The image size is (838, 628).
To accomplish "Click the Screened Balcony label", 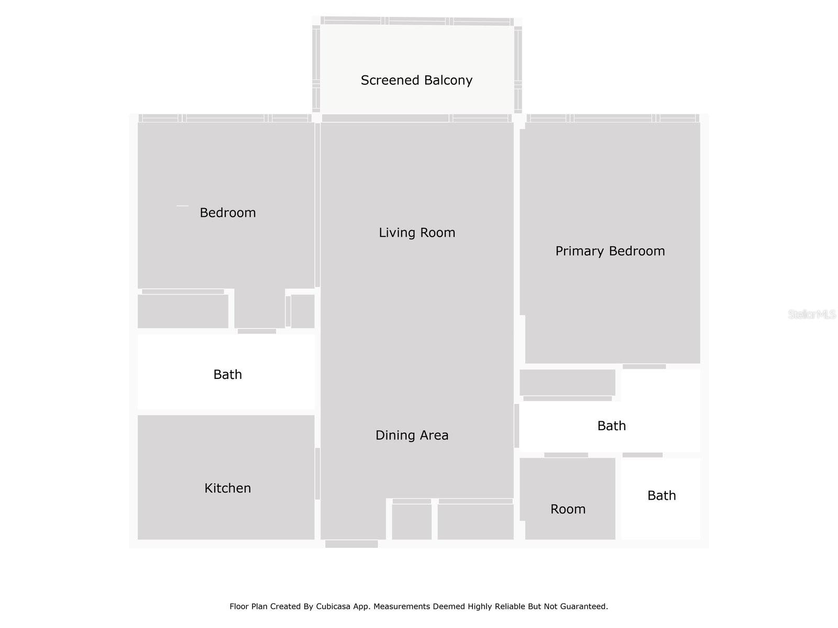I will click(416, 80).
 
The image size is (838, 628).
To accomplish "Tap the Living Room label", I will click(417, 232).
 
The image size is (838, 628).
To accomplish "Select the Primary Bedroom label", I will click(610, 251).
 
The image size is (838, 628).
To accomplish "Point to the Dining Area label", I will click(412, 435).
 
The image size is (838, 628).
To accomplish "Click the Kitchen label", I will click(227, 488).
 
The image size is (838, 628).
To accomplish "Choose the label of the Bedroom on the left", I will click(227, 212).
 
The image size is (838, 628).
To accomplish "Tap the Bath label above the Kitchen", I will click(227, 375).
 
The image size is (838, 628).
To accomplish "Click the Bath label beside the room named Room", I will click(661, 496).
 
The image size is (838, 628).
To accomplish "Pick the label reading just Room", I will click(568, 509).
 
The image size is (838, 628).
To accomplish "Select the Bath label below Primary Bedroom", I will click(611, 426).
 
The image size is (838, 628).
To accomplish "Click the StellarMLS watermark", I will click(811, 314).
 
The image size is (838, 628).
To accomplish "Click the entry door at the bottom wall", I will click(351, 544).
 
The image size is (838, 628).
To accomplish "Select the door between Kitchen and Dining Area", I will click(317, 474).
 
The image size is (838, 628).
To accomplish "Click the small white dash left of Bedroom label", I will click(182, 206).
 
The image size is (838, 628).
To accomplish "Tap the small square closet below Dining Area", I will click(412, 521).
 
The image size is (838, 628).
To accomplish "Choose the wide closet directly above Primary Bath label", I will click(567, 383).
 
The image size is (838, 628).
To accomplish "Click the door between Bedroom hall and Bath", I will click(257, 331).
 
